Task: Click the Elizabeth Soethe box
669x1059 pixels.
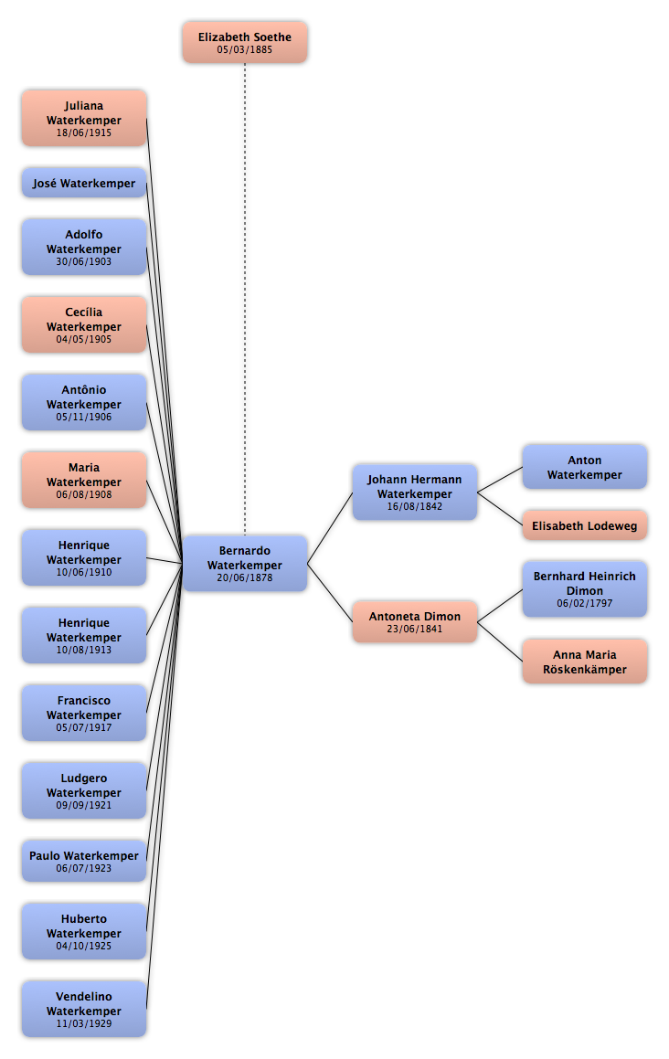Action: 245,43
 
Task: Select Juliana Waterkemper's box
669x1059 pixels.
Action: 84,118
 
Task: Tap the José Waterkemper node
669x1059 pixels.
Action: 84,183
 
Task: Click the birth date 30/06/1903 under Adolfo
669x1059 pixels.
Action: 84,261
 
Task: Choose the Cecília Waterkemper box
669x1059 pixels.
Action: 84,325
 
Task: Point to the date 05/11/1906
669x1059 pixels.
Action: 84,417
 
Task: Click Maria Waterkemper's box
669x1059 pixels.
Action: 84,481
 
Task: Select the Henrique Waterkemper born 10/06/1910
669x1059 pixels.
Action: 84,558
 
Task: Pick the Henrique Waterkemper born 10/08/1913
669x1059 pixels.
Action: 84,636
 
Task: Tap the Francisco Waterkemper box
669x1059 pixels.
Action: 84,714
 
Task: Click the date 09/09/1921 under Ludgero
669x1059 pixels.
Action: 84,805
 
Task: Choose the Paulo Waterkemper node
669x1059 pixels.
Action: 84,861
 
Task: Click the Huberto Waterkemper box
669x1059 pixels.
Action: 84,931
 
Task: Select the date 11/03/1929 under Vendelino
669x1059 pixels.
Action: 84,1023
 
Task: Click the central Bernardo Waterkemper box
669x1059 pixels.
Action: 245,564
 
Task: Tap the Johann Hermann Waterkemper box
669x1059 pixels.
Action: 415,492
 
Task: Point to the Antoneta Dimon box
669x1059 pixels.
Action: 415,622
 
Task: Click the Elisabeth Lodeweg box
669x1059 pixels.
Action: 585,525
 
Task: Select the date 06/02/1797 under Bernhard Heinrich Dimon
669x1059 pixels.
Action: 585,603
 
